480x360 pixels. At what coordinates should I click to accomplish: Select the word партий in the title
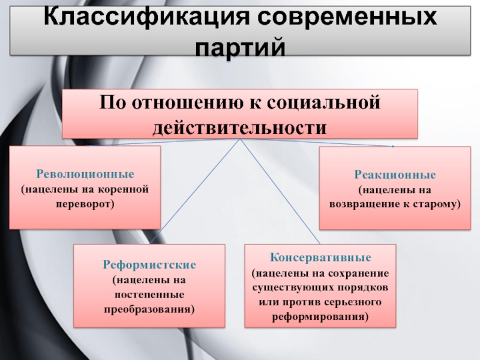pos(241,47)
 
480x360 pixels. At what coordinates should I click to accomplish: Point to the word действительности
pos(239,127)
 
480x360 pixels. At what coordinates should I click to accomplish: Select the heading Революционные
pos(85,174)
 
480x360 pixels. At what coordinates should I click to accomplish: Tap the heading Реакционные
pos(395,175)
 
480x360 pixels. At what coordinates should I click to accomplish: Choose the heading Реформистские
pos(149,265)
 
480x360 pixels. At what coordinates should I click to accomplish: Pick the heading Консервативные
pos(320,257)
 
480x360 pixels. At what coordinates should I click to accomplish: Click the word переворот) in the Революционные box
pos(85,204)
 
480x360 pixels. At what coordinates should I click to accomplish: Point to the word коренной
pos(123,189)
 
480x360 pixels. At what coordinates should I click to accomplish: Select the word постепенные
pos(149,295)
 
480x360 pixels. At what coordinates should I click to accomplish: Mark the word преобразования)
pos(149,309)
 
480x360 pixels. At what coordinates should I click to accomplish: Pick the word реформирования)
pos(320,317)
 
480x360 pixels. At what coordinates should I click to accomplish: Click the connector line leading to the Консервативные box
pos(280,191)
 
